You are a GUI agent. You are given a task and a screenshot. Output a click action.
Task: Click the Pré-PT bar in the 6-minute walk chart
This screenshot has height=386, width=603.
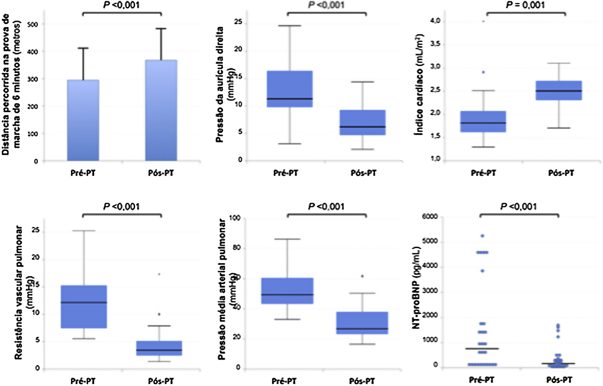[x=83, y=120]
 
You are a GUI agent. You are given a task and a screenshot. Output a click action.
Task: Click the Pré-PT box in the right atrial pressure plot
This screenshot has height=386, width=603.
[x=289, y=89]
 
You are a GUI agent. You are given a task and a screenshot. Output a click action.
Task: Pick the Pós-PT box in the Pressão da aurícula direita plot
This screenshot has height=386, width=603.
[x=363, y=122]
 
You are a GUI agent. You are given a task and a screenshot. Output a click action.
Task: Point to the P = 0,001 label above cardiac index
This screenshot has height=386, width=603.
[x=525, y=5]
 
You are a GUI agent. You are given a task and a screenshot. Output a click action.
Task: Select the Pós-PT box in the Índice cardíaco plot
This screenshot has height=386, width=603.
[x=562, y=90]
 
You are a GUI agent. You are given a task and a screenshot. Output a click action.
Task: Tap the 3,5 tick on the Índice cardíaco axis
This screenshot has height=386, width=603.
[x=435, y=44]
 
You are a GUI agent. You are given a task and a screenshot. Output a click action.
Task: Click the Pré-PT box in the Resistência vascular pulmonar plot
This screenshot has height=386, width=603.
[x=84, y=306]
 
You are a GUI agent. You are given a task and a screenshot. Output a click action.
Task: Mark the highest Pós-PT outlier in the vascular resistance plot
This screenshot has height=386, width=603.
[x=159, y=274]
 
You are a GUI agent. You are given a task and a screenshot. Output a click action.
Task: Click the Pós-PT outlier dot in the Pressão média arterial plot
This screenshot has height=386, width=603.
[x=362, y=276]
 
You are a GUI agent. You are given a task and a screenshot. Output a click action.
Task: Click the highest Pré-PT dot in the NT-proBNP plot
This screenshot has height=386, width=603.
[x=482, y=236]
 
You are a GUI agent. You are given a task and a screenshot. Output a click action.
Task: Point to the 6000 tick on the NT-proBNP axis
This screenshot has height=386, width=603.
[x=430, y=216]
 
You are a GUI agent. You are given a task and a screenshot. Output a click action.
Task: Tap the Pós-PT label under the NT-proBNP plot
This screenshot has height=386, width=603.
[x=559, y=380]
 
